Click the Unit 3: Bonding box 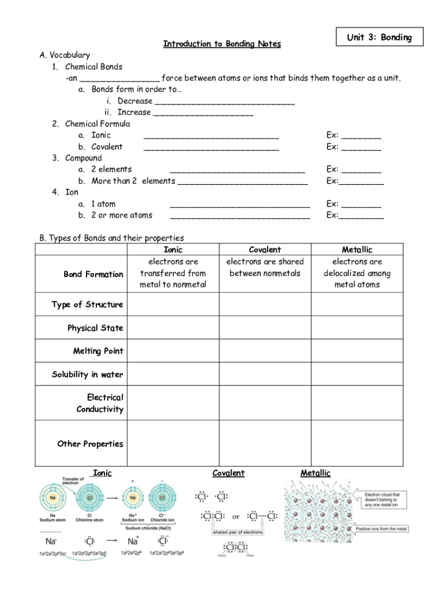coord(379,38)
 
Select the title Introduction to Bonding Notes coord(222,44)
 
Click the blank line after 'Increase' coord(203,113)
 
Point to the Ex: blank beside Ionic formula coord(361,136)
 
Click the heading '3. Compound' coord(83,158)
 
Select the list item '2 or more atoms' coord(122,215)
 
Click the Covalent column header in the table coord(265,250)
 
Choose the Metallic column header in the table coord(357,250)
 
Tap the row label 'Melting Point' coord(98,351)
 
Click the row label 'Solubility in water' coord(88,375)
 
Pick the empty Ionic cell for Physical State coord(173,328)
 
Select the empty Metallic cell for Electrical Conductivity coord(357,403)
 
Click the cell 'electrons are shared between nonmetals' coord(265,267)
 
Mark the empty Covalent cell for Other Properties coord(265,443)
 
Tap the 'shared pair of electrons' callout coord(237,532)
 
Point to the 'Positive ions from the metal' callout coord(382,529)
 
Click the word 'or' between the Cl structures coord(236,517)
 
